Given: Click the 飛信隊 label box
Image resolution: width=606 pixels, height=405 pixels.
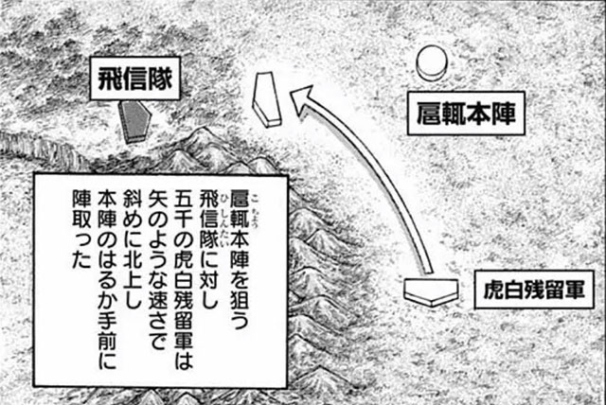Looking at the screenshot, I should pyautogui.click(x=133, y=79).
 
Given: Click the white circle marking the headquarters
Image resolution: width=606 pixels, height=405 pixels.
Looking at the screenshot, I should pyautogui.click(x=432, y=63).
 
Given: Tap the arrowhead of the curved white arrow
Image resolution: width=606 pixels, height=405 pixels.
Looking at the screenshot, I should pyautogui.click(x=303, y=95).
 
